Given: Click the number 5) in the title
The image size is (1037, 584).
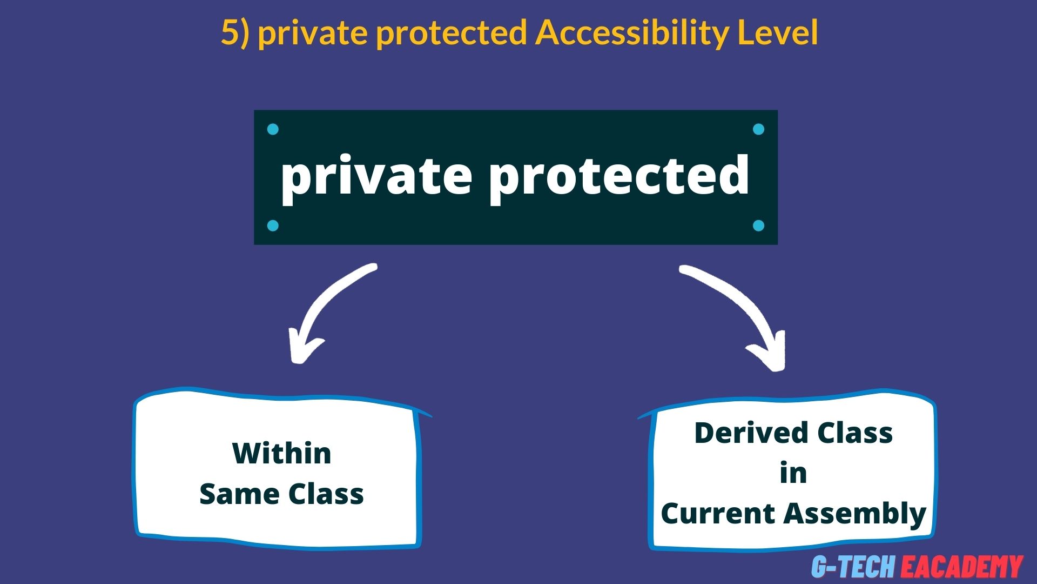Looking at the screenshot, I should [235, 32].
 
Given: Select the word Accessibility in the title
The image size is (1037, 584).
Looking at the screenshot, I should [632, 32].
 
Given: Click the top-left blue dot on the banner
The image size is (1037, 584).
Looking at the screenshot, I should [273, 129].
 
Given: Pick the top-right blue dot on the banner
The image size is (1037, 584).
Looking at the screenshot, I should [758, 129].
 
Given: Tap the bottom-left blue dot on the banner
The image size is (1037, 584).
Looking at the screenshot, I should [273, 225].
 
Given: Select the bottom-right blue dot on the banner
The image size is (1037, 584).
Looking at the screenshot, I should [758, 225].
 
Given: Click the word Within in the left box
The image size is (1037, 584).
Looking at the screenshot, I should [281, 453].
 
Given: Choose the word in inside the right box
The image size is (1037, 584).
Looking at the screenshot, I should [793, 473].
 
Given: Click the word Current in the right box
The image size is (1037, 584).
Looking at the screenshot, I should [711, 513].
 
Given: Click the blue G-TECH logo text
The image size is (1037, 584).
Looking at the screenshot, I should [853, 566].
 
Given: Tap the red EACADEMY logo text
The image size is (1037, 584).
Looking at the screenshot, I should [961, 566].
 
